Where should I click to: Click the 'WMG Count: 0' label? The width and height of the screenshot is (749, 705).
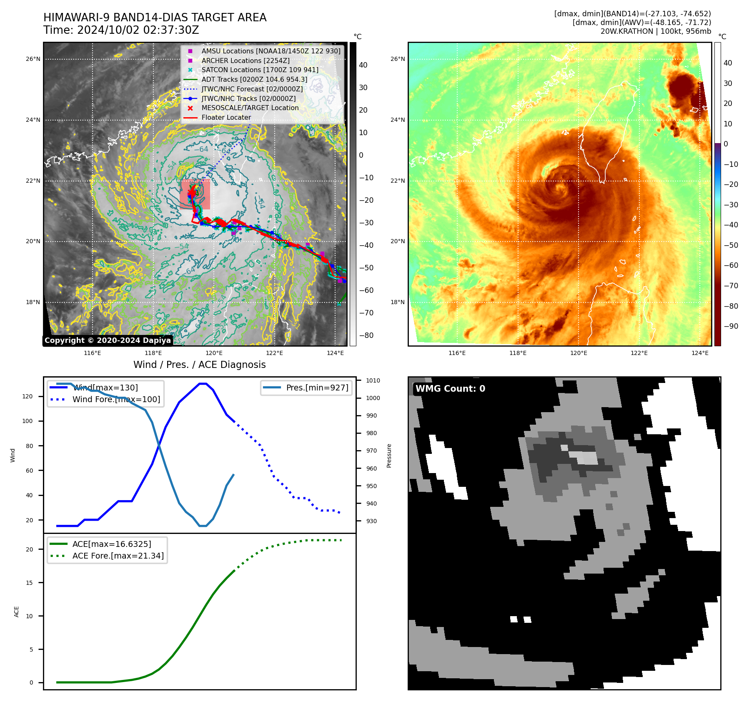point(450,389)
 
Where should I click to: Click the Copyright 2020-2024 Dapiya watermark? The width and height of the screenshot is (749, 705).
point(108,340)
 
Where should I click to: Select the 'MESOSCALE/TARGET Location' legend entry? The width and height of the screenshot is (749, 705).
point(250,108)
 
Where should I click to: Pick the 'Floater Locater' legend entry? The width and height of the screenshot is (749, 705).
point(226,118)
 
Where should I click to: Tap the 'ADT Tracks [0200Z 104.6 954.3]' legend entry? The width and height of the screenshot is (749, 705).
point(254,79)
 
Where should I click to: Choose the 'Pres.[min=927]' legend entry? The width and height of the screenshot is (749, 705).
point(317,388)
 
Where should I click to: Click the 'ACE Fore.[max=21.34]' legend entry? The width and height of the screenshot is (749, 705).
point(118,556)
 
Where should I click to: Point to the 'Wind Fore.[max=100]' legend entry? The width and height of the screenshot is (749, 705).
point(116,399)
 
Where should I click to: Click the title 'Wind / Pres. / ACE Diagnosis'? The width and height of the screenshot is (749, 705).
point(199,365)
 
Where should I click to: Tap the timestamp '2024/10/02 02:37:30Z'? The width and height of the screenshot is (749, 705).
point(138,30)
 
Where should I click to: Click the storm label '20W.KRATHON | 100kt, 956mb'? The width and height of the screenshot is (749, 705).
point(656,31)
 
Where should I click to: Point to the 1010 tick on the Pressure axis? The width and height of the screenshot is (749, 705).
point(373,380)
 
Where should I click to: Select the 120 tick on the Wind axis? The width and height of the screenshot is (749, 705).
point(28,396)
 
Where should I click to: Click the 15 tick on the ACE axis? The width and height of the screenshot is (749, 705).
point(29,583)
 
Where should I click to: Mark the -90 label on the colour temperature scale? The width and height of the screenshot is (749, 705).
point(731,326)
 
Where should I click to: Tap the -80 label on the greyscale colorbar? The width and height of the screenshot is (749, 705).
point(366,335)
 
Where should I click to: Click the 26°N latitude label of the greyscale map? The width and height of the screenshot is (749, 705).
point(33,59)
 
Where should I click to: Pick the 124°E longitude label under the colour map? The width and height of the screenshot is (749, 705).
point(700,353)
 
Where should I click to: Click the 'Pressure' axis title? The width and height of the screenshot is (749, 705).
point(389,456)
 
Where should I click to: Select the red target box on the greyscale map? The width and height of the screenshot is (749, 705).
point(195,194)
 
